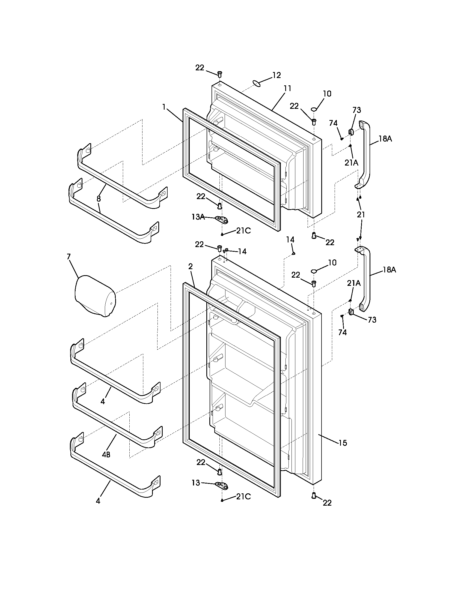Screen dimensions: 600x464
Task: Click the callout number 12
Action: pyautogui.click(x=276, y=75)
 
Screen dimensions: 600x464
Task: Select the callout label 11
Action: pyautogui.click(x=287, y=89)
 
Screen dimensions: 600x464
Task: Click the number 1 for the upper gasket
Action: pyautogui.click(x=164, y=107)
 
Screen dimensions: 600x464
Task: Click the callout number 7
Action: pyautogui.click(x=69, y=257)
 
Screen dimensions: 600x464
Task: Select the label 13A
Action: pyautogui.click(x=198, y=217)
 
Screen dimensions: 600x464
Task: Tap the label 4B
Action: pyautogui.click(x=106, y=455)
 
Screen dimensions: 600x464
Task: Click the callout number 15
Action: pyautogui.click(x=343, y=443)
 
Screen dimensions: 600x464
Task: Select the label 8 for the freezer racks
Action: pyautogui.click(x=99, y=198)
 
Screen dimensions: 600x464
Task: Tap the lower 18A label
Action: pyautogui.click(x=389, y=270)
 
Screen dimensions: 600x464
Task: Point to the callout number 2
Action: pyautogui.click(x=191, y=266)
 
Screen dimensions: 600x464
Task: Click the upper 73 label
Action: pyautogui.click(x=356, y=110)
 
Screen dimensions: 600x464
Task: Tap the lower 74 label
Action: pyautogui.click(x=343, y=333)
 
